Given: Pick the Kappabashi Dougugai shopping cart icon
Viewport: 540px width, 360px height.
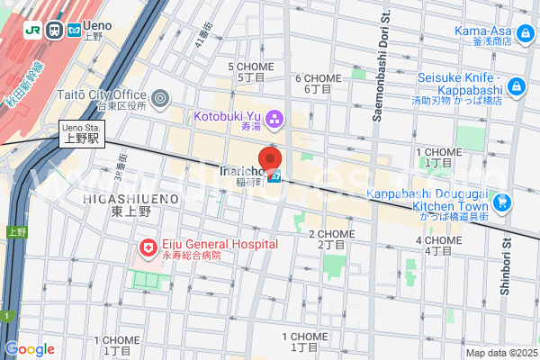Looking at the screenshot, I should point(501,202).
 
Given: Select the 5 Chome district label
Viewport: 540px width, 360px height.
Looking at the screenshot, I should point(252,72).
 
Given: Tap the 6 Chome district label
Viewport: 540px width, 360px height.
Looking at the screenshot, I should point(318,83).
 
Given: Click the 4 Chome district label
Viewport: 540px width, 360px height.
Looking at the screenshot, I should point(438,245).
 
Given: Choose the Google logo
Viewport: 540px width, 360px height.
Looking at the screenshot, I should point(30,349).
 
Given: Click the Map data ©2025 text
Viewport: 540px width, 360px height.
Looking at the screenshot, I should point(500,353).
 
